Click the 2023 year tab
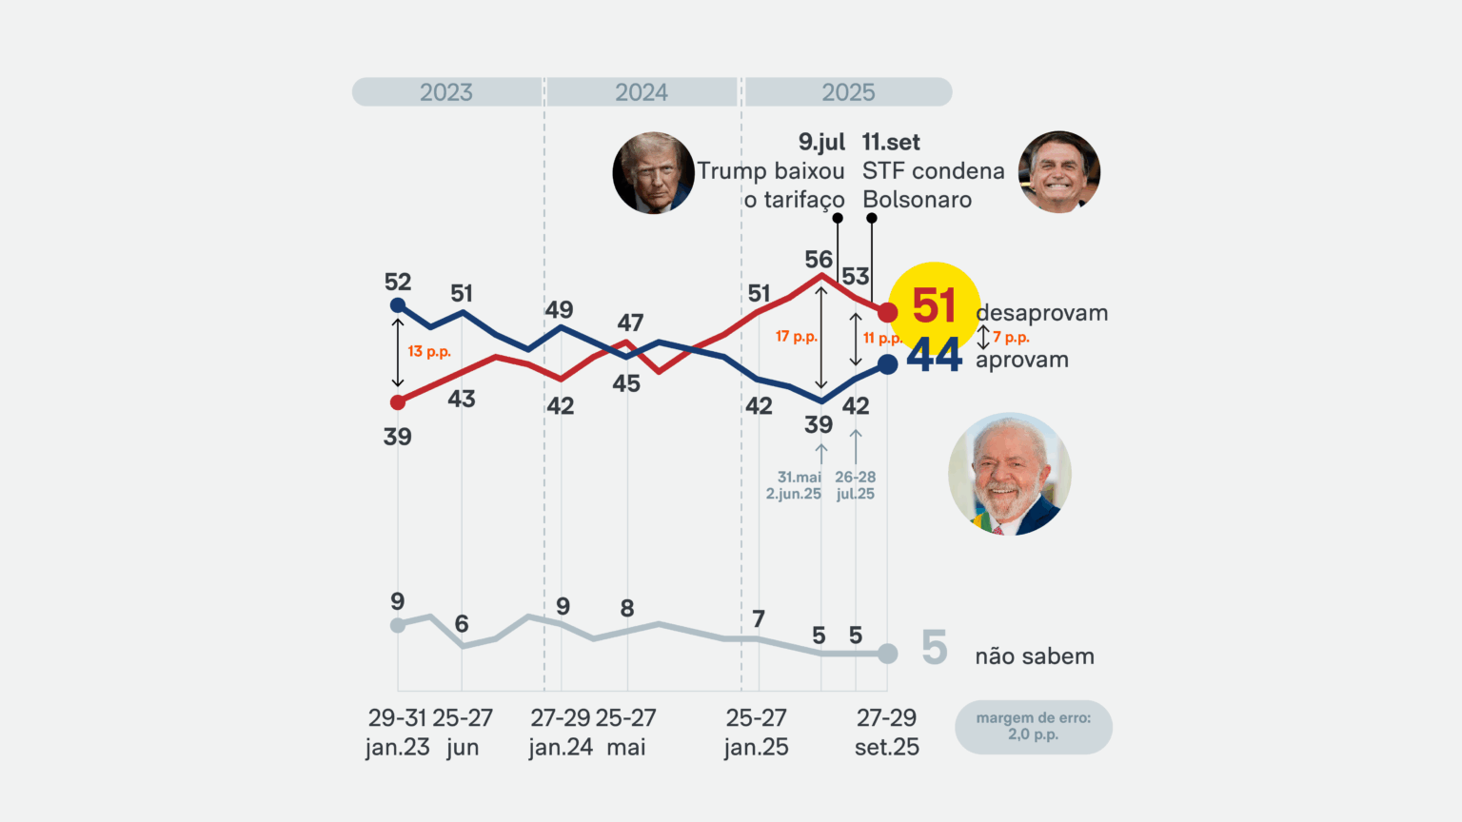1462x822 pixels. click(x=446, y=92)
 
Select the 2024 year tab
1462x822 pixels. click(x=642, y=92)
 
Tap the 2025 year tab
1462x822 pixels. click(x=848, y=92)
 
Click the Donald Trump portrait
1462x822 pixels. click(x=653, y=172)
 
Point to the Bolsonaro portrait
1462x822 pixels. click(x=1058, y=172)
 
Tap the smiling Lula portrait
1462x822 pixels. click(x=1009, y=474)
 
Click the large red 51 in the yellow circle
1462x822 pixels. click(x=933, y=306)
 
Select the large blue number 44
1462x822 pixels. click(x=934, y=356)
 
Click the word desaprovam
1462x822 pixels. click(x=1041, y=313)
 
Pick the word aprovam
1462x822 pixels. click(x=1022, y=360)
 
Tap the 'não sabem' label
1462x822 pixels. click(x=1035, y=656)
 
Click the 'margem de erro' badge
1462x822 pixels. click(x=1033, y=727)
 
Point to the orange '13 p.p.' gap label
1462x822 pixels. click(x=429, y=351)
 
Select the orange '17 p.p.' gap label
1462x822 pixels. click(x=796, y=337)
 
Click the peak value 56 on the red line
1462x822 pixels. click(x=819, y=259)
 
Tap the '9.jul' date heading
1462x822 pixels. click(x=821, y=143)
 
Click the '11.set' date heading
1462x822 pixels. click(x=891, y=143)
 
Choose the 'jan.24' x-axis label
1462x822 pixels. click(x=561, y=748)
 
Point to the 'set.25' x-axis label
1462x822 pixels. click(x=886, y=748)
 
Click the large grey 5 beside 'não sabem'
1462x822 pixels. click(x=935, y=649)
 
